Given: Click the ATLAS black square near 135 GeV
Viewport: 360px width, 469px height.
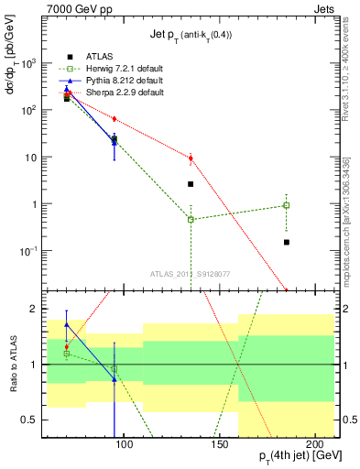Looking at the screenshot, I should (191, 184).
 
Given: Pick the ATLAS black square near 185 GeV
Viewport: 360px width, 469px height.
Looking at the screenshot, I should (287, 242).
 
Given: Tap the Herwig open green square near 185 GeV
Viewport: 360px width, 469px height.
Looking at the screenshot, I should (287, 205).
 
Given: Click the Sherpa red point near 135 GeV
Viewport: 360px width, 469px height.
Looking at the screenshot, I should (191, 158).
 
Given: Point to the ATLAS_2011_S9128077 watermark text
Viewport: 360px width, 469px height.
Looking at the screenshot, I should (191, 272).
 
